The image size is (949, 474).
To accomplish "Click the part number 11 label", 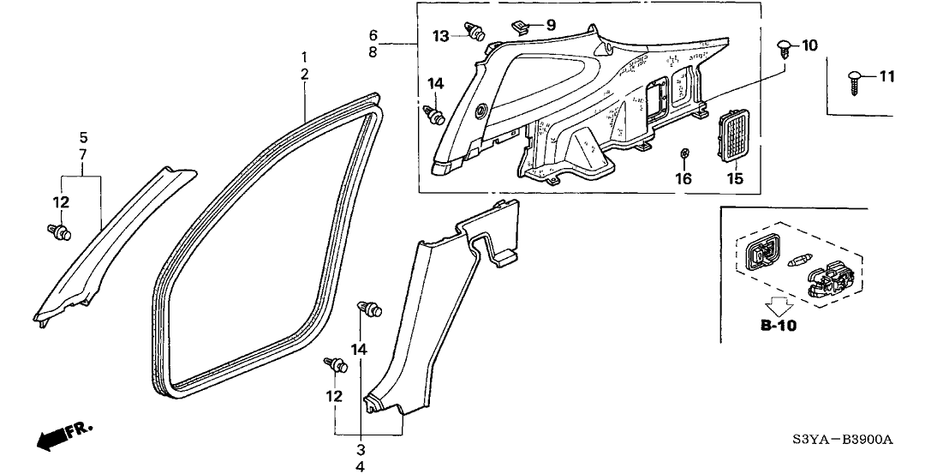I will [886, 77].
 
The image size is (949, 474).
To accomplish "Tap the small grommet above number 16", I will [683, 153].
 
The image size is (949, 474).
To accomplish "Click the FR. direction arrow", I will [57, 438].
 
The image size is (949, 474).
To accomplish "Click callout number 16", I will [683, 178].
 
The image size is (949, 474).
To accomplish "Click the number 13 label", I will [440, 36].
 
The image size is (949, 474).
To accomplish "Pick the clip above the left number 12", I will [60, 231].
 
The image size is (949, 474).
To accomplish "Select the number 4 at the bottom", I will [360, 466].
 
